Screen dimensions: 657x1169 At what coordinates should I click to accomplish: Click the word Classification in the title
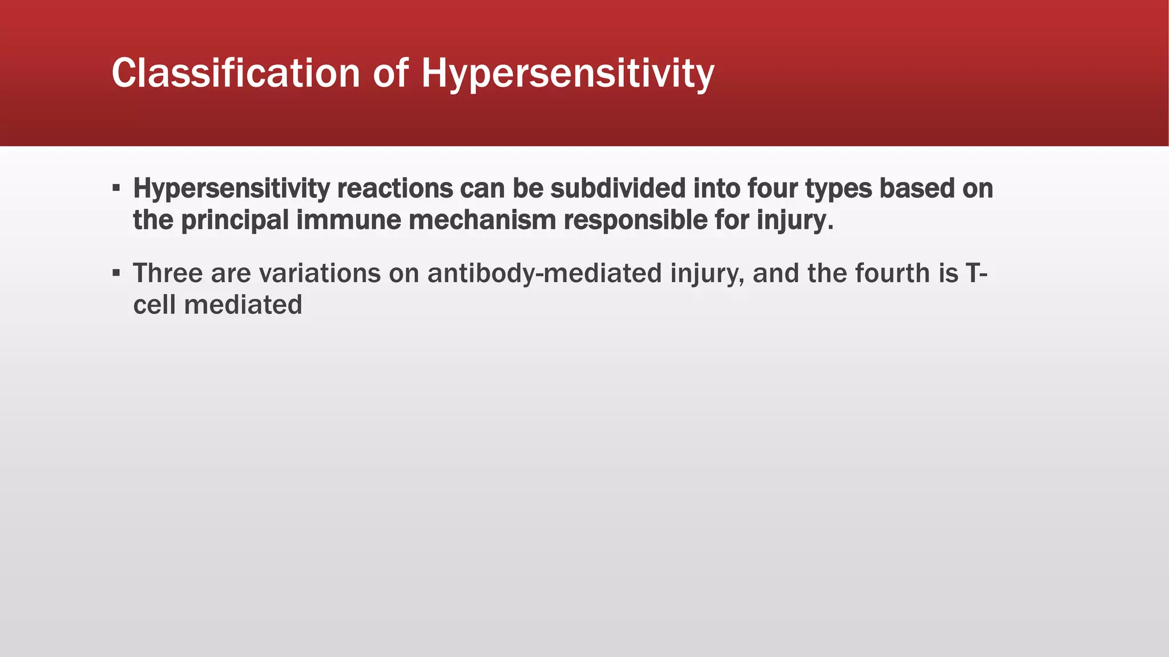tap(235, 74)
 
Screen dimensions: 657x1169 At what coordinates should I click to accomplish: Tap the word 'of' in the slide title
tap(391, 74)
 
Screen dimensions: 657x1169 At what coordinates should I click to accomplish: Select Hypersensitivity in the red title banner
tap(567, 75)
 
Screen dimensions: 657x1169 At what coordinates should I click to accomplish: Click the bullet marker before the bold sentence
tap(116, 188)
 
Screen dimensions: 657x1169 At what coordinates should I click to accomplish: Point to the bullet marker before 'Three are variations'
tap(116, 273)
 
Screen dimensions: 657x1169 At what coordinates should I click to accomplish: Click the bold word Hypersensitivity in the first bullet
tap(231, 189)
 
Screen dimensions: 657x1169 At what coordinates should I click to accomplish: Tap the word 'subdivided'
tap(618, 189)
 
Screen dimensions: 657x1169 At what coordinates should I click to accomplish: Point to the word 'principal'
tap(235, 221)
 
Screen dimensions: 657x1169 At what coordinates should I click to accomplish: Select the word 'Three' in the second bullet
tap(168, 273)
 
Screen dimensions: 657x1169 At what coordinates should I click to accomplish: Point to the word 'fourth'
tap(893, 273)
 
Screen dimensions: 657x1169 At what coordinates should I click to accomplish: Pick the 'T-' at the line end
tap(976, 273)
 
